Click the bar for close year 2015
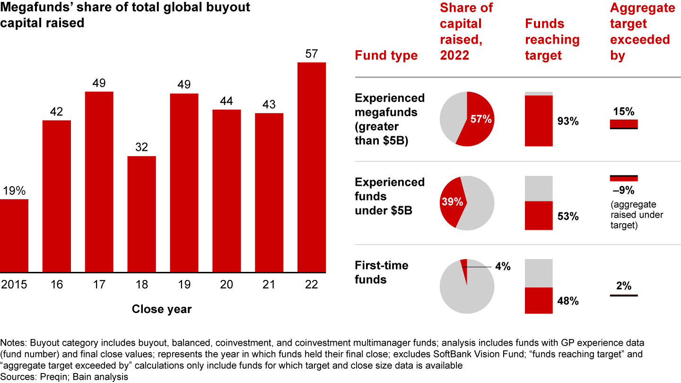pos(14,235)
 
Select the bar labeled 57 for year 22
pos(312,167)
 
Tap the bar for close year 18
pos(141,214)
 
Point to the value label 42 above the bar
pos(56,112)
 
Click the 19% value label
pos(14,191)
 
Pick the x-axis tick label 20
pos(227,284)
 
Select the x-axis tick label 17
pos(99,284)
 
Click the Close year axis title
pos(162,309)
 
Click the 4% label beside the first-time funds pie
pos(502,267)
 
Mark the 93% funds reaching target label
pos(567,121)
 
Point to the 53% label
pos(567,217)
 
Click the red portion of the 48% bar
pos(539,300)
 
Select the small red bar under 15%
pos(624,123)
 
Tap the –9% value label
pos(624,191)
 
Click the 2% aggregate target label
pos(624,286)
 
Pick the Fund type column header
pos(386,55)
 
